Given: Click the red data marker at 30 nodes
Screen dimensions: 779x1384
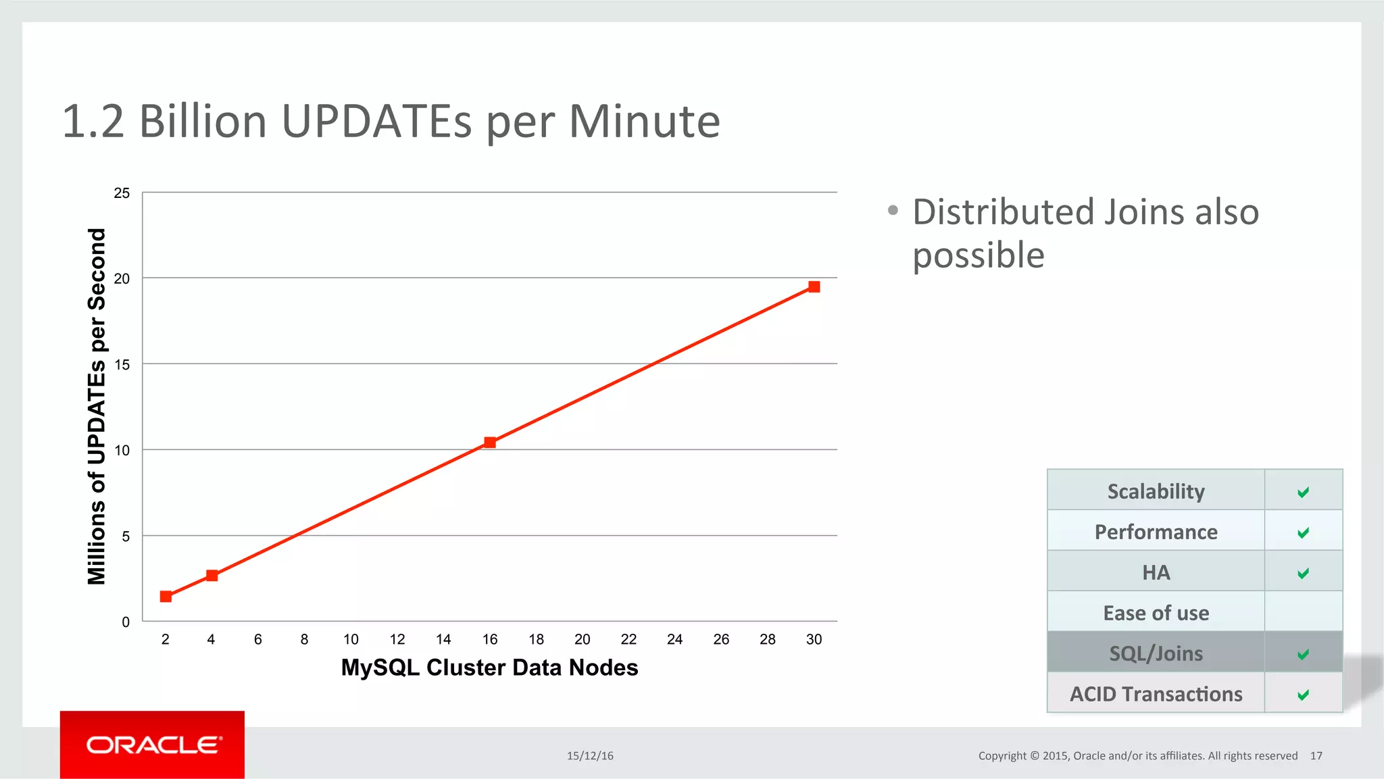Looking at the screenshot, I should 814,287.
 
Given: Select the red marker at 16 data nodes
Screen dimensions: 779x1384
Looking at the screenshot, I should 490,443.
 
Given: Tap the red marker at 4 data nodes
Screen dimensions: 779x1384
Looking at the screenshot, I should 212,576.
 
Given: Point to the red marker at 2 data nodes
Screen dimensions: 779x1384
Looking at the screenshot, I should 166,597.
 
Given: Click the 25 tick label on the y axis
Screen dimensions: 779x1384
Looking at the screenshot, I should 122,193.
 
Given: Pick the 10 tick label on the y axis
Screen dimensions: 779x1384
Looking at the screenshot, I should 122,451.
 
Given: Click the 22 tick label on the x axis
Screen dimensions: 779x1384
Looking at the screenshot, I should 628,639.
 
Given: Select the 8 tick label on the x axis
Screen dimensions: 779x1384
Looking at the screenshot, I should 304,639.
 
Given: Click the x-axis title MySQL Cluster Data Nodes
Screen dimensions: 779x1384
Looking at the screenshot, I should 489,668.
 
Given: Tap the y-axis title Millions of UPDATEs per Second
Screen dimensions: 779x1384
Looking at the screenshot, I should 97,406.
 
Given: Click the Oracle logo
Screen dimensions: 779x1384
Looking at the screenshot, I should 153,745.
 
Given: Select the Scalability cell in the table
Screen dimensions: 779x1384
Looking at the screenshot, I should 1156,491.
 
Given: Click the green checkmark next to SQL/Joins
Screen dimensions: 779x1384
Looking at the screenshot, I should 1303,654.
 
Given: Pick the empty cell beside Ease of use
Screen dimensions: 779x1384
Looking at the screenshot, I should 1303,612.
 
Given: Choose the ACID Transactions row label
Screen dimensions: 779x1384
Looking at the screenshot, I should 1156,694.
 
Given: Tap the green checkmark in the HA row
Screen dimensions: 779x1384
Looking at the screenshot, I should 1303,573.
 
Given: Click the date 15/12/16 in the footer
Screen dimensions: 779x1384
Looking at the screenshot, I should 590,756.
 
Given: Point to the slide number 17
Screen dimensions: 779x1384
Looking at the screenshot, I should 1316,756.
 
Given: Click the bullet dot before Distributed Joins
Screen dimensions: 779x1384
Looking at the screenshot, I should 893,211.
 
